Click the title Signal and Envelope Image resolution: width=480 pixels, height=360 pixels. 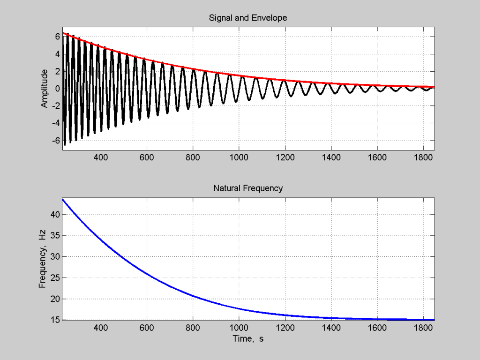click(x=248, y=18)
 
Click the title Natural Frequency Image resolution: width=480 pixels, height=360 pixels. click(x=248, y=188)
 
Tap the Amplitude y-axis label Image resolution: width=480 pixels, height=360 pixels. click(x=45, y=88)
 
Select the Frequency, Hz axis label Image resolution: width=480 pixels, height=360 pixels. click(x=43, y=260)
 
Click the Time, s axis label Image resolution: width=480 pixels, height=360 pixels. click(x=248, y=338)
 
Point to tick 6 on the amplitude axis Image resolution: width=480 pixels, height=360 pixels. click(x=56, y=36)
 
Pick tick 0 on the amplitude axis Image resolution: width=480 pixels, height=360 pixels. click(x=56, y=88)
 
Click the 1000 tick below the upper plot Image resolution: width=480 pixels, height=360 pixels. click(x=239, y=158)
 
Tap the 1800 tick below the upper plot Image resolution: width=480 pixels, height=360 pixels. click(x=423, y=158)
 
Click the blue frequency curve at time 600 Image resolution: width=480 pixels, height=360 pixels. click(x=146, y=274)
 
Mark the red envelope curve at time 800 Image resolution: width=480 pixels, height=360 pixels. click(x=193, y=69)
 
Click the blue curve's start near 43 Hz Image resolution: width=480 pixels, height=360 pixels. click(x=63, y=200)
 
